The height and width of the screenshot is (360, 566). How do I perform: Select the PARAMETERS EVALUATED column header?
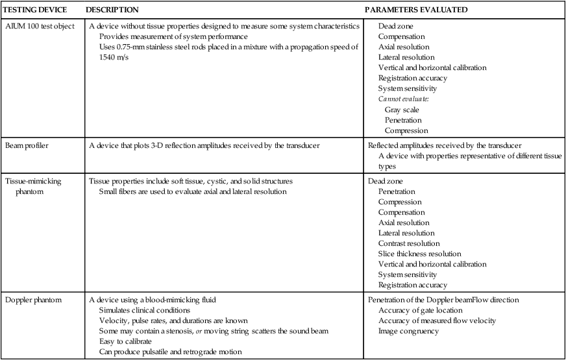[416, 10]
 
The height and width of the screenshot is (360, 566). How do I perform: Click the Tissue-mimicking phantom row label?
[33, 186]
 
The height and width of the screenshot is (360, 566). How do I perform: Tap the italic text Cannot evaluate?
[399, 99]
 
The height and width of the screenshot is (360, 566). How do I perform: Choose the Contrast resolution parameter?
[410, 243]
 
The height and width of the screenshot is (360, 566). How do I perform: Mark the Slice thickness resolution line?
[419, 254]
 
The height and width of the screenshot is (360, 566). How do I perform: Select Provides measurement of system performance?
[168, 36]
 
